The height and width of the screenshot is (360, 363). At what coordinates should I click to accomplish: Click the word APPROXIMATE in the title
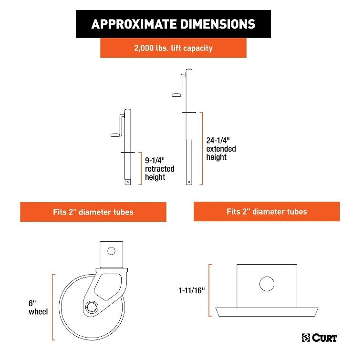click(134, 24)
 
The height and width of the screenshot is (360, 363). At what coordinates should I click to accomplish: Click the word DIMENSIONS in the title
click(218, 24)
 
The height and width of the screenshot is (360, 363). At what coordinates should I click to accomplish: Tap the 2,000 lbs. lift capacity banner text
click(174, 48)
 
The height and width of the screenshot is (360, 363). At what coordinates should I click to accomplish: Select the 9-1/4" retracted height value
click(155, 160)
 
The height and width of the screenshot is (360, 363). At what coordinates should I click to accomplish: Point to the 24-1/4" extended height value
click(218, 140)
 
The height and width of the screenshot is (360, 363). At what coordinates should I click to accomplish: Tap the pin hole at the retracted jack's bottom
click(127, 182)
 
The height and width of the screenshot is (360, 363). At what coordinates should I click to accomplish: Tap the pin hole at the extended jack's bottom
click(189, 182)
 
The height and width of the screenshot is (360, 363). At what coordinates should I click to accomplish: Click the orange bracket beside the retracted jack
click(141, 168)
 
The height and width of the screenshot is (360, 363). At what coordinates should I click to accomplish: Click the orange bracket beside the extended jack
click(203, 149)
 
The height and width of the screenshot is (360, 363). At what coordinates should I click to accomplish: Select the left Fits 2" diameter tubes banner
click(93, 212)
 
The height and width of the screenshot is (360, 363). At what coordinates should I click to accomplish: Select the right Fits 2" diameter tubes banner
click(267, 211)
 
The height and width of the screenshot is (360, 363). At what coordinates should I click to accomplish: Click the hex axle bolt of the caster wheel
click(92, 307)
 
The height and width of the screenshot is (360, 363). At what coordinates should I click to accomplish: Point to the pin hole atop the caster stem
click(111, 251)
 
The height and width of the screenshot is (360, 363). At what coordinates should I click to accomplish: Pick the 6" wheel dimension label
click(38, 307)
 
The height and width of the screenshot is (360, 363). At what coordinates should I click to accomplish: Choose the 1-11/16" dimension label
click(192, 290)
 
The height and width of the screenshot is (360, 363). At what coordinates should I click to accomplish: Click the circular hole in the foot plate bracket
click(267, 284)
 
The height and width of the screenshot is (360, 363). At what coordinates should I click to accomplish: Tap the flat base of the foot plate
click(267, 312)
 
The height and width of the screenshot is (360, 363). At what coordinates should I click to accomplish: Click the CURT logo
click(320, 338)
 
